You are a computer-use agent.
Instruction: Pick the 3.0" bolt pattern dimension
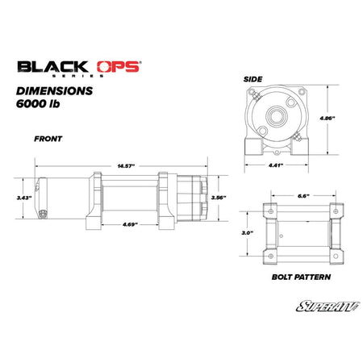tap(247, 232)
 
